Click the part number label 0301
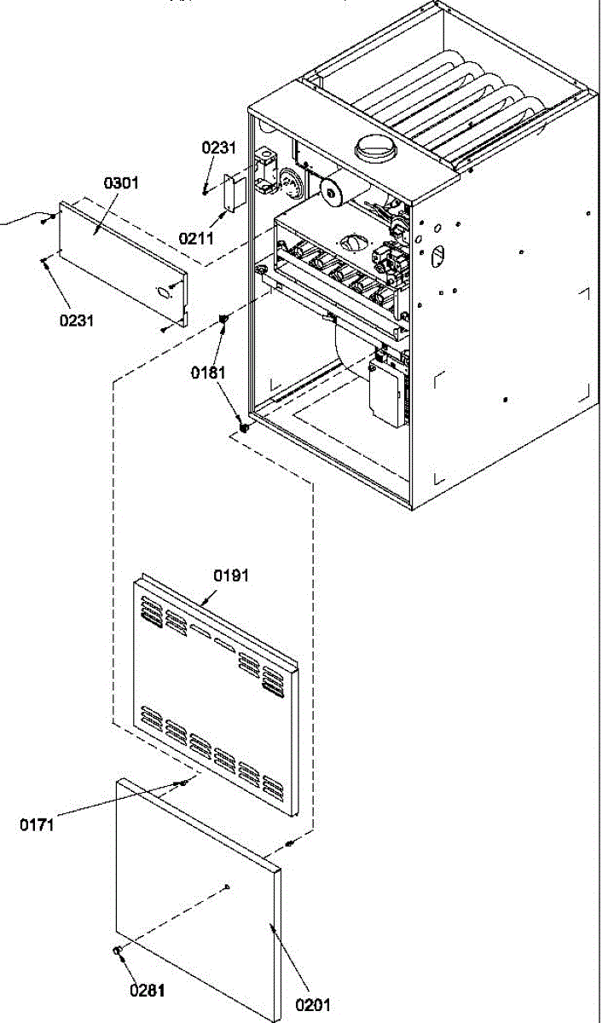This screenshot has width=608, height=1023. point(121,183)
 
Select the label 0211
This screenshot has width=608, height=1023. point(196,239)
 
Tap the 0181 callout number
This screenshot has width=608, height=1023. point(208,373)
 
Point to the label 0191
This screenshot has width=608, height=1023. point(231,575)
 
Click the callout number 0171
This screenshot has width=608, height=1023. point(37,825)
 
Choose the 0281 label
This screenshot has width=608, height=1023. point(147,991)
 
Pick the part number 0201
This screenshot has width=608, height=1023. point(312,1005)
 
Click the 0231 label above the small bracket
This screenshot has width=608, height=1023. point(219,147)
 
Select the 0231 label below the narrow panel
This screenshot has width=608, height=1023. point(76,321)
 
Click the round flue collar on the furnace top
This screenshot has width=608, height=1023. point(376,149)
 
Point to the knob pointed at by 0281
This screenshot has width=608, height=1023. point(117,951)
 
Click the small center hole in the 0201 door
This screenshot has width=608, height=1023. point(228,887)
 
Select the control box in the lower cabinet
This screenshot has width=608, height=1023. point(388,392)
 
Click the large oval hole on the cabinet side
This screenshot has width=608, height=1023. point(437,255)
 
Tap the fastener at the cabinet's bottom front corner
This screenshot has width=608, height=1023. point(245,428)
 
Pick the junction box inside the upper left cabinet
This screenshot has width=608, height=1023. point(266,170)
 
